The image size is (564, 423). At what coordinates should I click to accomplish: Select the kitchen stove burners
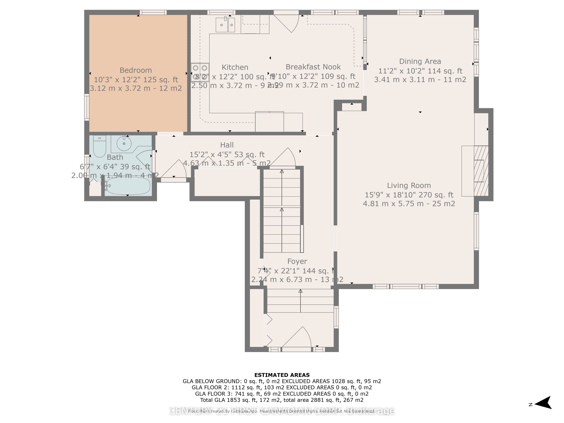(x=200, y=72)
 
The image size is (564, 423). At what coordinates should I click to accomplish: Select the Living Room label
(x=409, y=185)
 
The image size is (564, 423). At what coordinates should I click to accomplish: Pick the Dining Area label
(x=420, y=61)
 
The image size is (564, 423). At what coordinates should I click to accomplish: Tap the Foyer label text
(x=297, y=261)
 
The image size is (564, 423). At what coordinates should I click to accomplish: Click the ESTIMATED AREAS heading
(x=282, y=375)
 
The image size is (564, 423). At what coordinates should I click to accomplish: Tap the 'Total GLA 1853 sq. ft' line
(x=282, y=400)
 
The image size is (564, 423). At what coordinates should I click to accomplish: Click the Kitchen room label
(x=235, y=67)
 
